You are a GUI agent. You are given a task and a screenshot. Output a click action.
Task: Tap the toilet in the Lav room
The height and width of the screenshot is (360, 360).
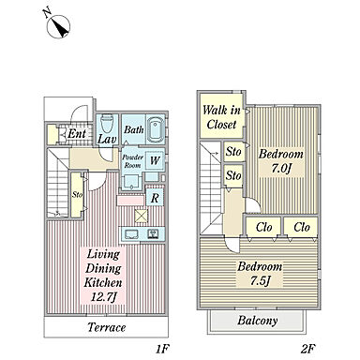(107, 124)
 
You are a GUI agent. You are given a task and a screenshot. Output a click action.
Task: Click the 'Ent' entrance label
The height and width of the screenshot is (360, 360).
(77, 134)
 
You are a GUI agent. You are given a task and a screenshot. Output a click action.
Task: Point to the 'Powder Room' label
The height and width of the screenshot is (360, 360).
(133, 161)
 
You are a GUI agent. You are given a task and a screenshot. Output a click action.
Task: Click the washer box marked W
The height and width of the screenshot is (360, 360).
(155, 160)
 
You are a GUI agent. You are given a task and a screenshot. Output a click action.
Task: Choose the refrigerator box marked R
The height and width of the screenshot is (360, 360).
(155, 197)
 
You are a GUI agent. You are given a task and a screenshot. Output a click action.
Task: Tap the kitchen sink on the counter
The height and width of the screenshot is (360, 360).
(131, 234)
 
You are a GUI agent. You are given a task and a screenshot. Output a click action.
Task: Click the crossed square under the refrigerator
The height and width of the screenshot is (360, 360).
(141, 216)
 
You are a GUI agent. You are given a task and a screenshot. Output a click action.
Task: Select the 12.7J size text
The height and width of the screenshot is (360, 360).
(103, 297)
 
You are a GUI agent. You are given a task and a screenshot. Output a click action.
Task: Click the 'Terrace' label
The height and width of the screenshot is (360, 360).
(107, 327)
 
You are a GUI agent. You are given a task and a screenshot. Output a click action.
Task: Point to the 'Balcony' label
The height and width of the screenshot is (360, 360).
(258, 321)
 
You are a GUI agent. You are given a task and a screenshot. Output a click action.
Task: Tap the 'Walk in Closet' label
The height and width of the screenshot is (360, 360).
(221, 117)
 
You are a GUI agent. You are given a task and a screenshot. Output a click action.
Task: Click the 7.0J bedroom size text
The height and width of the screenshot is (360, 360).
(281, 169)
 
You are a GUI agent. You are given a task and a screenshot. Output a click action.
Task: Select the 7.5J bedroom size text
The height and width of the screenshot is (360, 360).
(260, 281)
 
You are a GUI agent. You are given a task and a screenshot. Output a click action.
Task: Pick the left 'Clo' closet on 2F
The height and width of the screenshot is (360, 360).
(263, 227)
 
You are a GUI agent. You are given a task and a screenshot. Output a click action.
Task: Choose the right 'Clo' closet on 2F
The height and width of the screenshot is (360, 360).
(302, 227)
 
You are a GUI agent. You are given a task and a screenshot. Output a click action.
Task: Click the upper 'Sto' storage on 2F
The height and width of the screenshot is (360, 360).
(233, 152)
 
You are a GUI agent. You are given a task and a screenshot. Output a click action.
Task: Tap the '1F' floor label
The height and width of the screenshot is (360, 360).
(162, 349)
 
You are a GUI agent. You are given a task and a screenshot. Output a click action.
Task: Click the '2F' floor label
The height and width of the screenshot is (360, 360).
(308, 349)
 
